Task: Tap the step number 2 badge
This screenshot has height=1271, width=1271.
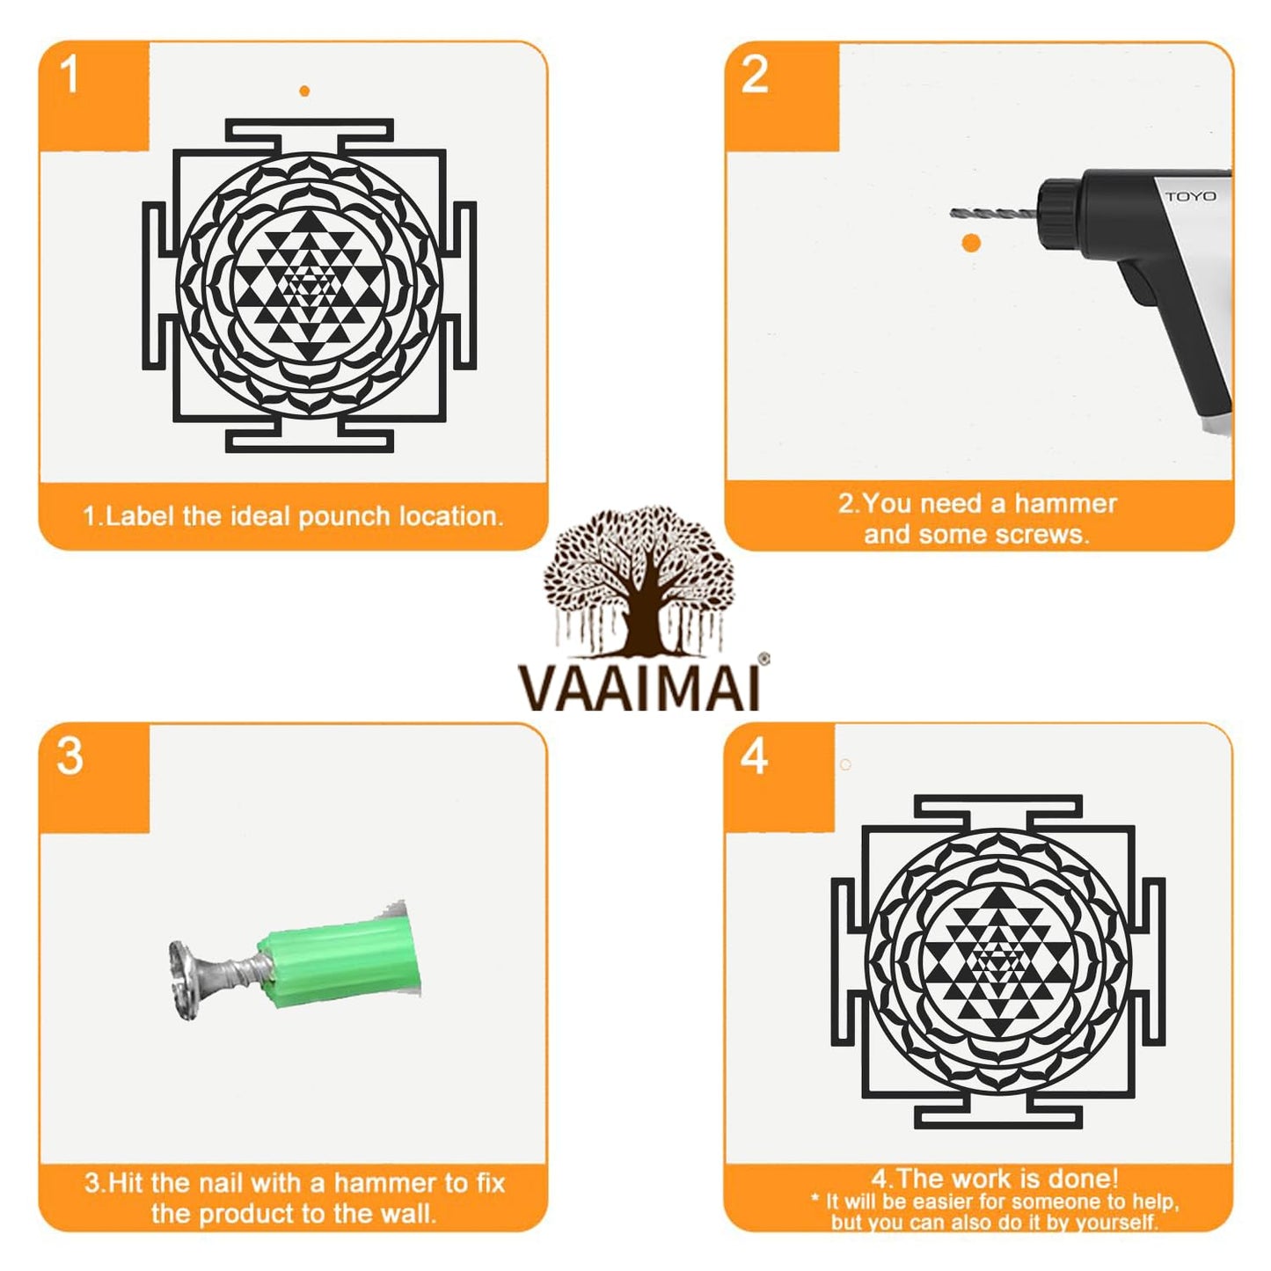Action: pyautogui.click(x=755, y=75)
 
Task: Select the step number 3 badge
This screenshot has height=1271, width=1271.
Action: pyautogui.click(x=69, y=756)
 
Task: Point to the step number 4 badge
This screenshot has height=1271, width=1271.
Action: pyautogui.click(x=755, y=756)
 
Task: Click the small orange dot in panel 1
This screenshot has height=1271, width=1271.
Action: pyautogui.click(x=304, y=91)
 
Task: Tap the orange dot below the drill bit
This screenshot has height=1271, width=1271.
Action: pyautogui.click(x=971, y=243)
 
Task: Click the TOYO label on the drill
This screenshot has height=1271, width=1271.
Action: pyautogui.click(x=1190, y=196)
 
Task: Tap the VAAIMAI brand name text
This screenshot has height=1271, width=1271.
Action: pyautogui.click(x=639, y=688)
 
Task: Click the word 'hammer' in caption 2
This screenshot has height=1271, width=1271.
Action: pyautogui.click(x=1064, y=503)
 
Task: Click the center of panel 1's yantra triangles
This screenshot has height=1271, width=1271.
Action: pyautogui.click(x=309, y=286)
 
